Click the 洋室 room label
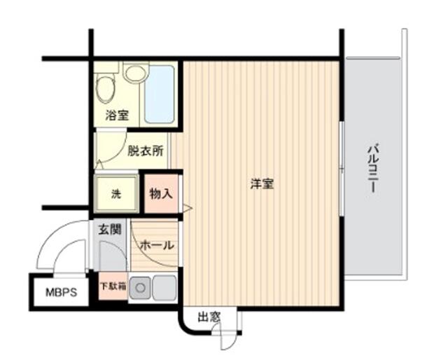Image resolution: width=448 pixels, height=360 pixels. click(x=262, y=184)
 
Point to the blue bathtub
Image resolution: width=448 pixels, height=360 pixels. click(x=159, y=95)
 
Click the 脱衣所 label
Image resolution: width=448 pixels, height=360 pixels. click(x=145, y=150)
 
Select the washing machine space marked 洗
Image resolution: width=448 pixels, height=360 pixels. click(x=115, y=194)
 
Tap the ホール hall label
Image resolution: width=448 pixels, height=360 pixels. click(x=157, y=245)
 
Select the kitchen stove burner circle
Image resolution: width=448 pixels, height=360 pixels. click(x=140, y=286)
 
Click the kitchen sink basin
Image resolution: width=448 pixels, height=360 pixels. click(x=164, y=286)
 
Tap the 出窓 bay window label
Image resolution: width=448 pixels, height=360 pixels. click(x=209, y=317)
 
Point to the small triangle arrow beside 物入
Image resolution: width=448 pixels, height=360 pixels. click(x=187, y=207)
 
